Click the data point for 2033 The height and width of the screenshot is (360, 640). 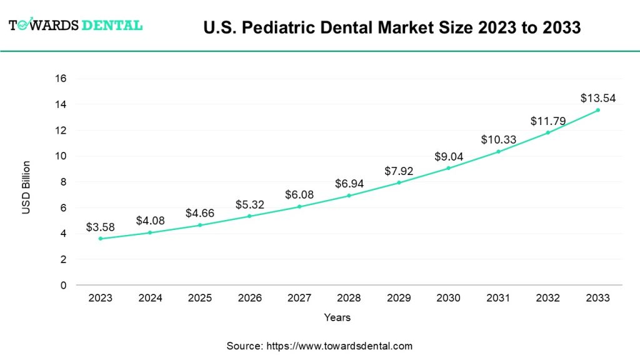coord(597,110)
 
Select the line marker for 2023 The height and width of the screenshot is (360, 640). coord(101,239)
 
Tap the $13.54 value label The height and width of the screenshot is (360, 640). coord(597,98)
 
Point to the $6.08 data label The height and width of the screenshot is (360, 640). coord(299,195)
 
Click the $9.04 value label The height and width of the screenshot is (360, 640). coord(448,156)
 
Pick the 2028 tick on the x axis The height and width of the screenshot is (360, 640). coord(349,298)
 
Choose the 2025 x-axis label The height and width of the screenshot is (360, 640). coord(200,298)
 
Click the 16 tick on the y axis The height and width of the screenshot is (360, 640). coord(61,79)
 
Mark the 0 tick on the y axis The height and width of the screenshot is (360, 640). coord(63,285)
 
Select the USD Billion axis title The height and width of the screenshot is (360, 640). coord(26,187)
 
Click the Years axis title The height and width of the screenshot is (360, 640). coord(337,317)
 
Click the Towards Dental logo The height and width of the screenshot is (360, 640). coord(76,26)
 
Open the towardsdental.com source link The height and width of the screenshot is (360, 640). coord(340,346)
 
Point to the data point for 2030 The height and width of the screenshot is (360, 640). coord(448,168)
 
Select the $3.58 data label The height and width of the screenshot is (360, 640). coord(101,227)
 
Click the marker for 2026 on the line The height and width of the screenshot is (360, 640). coord(249,216)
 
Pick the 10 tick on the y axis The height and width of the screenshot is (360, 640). coord(61,156)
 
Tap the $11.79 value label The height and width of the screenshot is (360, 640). coord(547,121)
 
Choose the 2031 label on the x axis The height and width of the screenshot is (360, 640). coord(498,298)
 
